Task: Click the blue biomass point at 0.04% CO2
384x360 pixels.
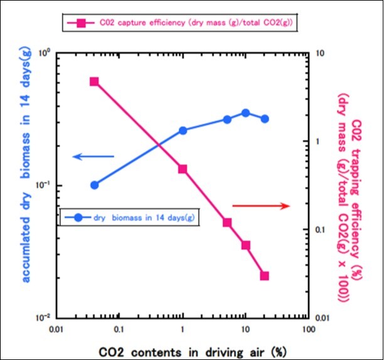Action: tap(94, 185)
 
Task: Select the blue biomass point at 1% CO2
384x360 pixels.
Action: tap(183, 130)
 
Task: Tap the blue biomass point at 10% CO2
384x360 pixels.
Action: tap(246, 113)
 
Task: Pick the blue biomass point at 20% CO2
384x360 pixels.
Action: tap(265, 119)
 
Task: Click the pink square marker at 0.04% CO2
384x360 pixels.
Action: tap(94, 82)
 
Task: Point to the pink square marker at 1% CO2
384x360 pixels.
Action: tap(183, 169)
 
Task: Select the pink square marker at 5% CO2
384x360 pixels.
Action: tap(227, 223)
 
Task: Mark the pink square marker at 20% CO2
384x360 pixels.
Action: tap(265, 275)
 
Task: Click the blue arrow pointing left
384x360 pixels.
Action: tap(93, 156)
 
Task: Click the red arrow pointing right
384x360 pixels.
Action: tap(261, 206)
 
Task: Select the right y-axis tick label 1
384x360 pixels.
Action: tap(318, 142)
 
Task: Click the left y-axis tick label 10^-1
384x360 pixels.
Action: tap(43, 186)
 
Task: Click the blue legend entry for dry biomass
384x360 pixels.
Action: tap(129, 218)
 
